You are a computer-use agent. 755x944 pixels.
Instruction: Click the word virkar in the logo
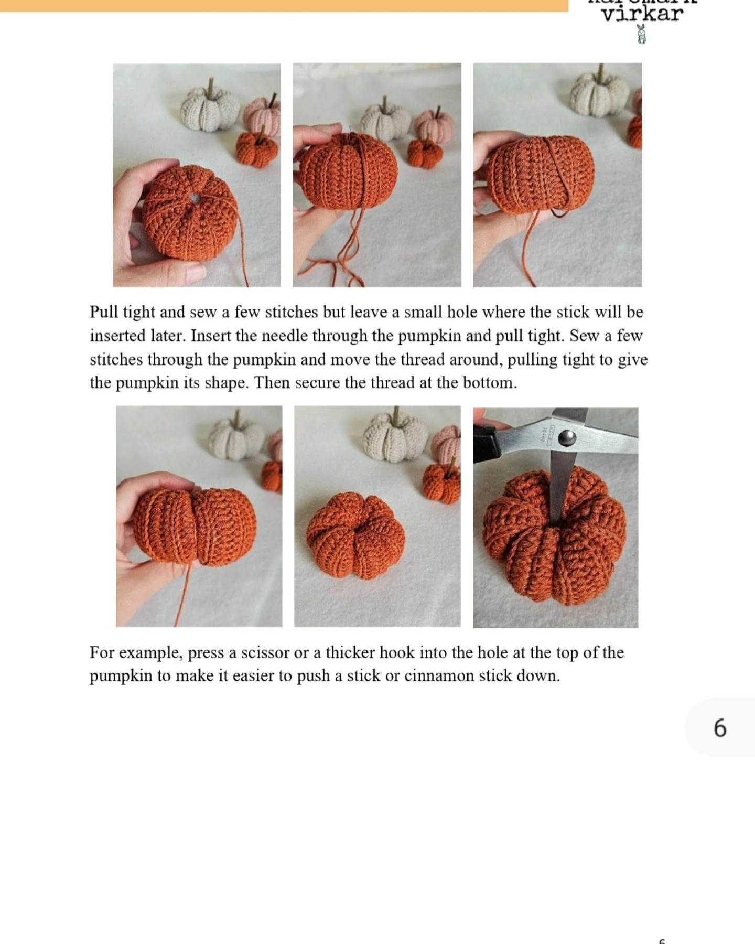642,14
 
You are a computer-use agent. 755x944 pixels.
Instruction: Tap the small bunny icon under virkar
641,34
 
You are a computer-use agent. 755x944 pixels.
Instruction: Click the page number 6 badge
720,728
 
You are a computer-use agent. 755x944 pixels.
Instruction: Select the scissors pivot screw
566,437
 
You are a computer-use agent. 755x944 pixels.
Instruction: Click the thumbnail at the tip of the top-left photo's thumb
195,272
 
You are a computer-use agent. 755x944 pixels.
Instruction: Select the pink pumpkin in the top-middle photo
435,125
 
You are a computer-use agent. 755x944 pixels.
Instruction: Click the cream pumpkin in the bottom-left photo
237,439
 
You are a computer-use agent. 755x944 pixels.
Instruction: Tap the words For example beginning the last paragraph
137,653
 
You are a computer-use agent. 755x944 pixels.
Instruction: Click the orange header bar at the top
283,5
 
